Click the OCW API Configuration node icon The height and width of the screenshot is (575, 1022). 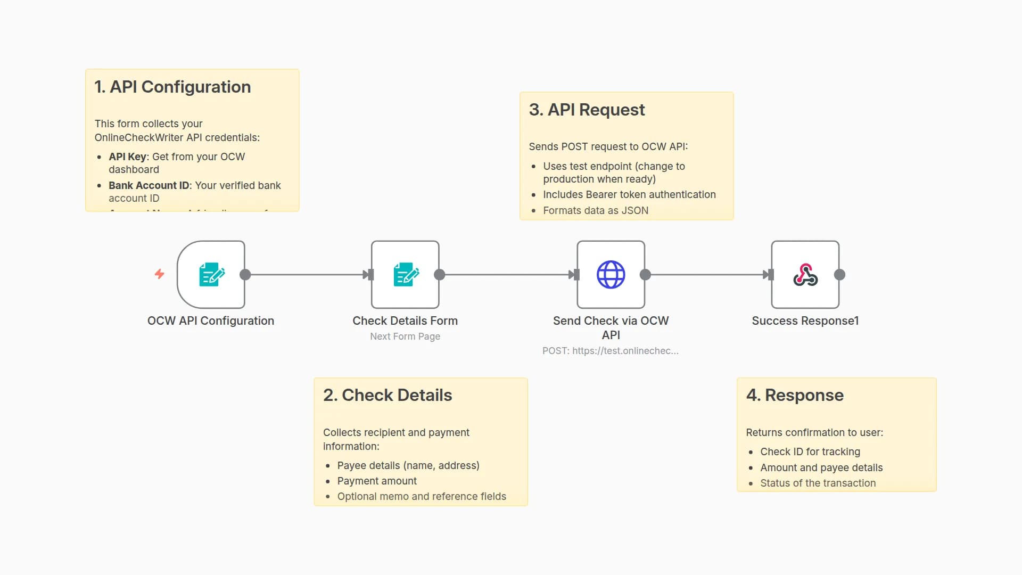(211, 275)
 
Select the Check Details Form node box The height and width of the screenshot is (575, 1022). (405, 275)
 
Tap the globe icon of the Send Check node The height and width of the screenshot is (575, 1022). (611, 275)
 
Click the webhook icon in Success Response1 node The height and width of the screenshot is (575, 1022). (805, 275)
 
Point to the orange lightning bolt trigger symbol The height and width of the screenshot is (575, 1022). (159, 274)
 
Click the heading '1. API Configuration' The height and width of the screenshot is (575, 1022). (172, 87)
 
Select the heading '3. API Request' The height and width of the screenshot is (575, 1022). (587, 110)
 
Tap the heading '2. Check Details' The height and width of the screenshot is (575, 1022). (388, 395)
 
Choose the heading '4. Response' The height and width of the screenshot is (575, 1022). (795, 395)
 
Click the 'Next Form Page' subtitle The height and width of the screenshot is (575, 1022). (405, 336)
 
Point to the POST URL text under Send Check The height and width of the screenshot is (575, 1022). (610, 351)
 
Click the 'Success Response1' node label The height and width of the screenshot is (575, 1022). (805, 321)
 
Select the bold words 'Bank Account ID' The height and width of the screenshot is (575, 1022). (149, 185)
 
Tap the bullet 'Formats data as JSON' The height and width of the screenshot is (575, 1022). (596, 210)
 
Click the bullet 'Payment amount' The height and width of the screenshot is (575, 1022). (377, 481)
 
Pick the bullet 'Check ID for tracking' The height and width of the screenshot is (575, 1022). (810, 451)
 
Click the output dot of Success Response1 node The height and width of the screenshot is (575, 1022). (839, 275)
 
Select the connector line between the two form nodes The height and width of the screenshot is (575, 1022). (306, 275)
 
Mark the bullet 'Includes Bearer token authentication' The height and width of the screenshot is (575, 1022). (629, 194)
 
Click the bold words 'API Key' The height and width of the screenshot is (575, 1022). (127, 157)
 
